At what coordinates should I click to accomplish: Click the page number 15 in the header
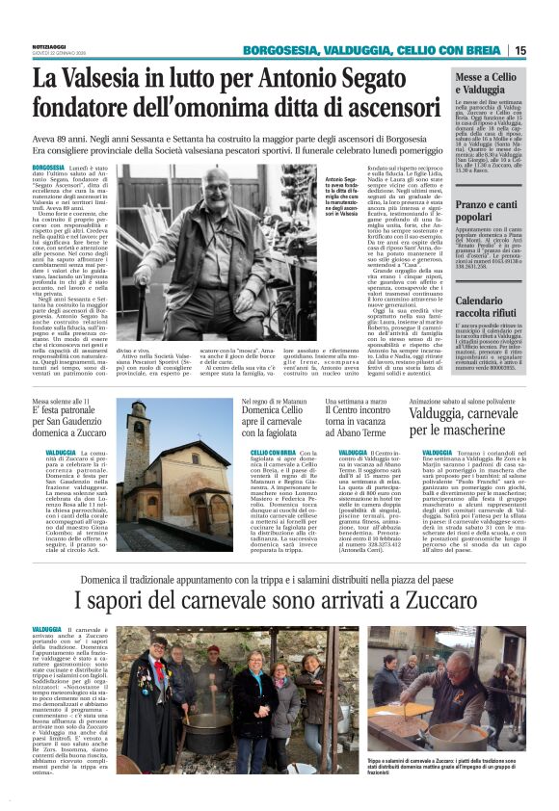click(546, 50)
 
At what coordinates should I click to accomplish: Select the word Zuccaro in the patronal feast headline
click(88, 433)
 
